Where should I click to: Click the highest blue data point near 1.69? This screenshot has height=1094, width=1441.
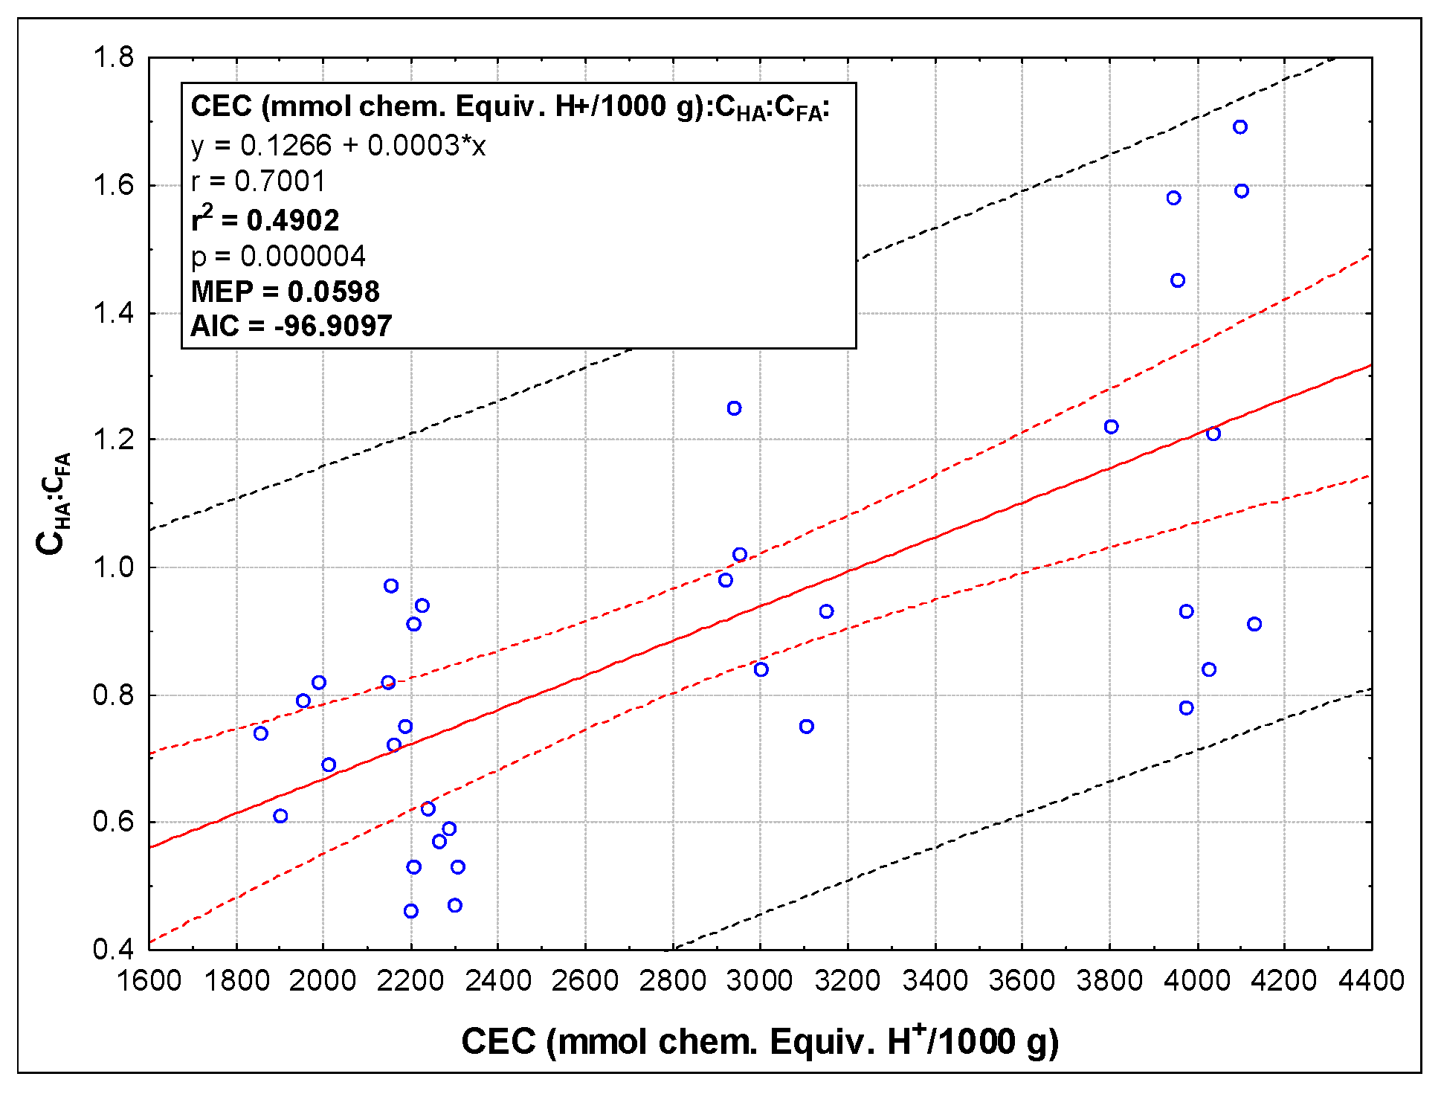coord(1239,127)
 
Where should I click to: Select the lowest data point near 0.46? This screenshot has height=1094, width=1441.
coord(410,911)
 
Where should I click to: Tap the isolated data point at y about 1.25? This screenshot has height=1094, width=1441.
coord(734,408)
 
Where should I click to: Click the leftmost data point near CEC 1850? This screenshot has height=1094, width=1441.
coord(260,734)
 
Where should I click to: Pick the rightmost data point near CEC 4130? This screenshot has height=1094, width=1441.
coord(1254,624)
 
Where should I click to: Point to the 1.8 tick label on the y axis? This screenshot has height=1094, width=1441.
coord(113,57)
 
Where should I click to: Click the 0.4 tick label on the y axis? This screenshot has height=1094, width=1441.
coord(113,950)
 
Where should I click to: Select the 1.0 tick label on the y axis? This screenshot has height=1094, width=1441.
coord(113,567)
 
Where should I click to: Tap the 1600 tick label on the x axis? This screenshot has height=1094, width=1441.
coord(149,981)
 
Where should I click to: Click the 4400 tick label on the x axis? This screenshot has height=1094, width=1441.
coord(1371,981)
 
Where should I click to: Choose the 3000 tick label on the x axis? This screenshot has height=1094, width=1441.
coord(760,981)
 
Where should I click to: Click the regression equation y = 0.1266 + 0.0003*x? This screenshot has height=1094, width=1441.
coord(338,146)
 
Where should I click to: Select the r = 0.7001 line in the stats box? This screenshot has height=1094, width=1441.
coord(258,181)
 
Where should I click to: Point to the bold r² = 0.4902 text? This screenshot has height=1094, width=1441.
coord(265,219)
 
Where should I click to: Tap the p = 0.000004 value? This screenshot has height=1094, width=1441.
coord(278,257)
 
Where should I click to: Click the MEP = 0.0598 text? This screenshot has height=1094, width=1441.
coord(285,292)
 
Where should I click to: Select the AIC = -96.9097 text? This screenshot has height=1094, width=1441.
coord(291,326)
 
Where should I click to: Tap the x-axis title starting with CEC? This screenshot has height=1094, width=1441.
coord(760,1041)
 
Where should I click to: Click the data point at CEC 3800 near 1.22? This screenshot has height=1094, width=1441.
coord(1111,427)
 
